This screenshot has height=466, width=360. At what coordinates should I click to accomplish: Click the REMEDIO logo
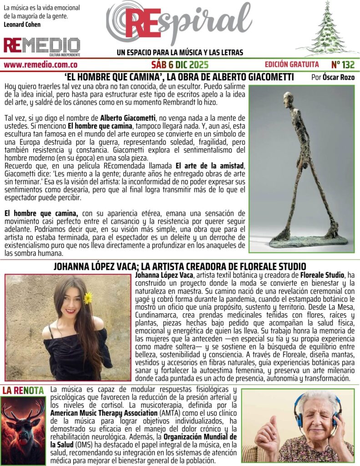point(42,46)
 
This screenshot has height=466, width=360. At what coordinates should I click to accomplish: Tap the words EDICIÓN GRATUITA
point(292,64)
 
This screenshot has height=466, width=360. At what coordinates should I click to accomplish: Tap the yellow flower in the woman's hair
point(88,298)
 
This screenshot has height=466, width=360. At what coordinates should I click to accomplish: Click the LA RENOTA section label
point(23,390)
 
